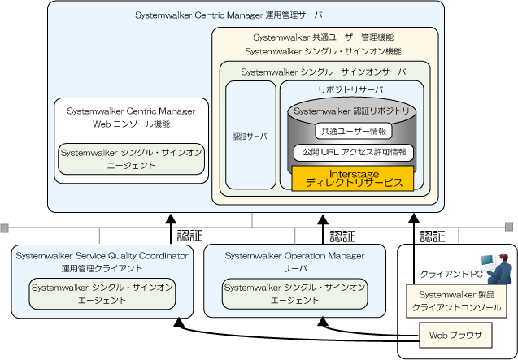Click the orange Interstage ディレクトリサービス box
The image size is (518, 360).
point(354,179)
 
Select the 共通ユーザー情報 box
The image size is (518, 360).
point(354,130)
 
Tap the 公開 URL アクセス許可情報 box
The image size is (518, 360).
point(354,152)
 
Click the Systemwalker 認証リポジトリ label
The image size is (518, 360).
point(354,110)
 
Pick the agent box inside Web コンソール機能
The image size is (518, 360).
point(130,158)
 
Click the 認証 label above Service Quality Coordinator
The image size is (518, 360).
point(190,236)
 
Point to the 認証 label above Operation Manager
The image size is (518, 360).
point(342,236)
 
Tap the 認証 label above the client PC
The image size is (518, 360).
point(433,236)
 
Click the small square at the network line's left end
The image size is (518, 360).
point(5,226)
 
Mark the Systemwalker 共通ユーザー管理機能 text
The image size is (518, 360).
point(324,37)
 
